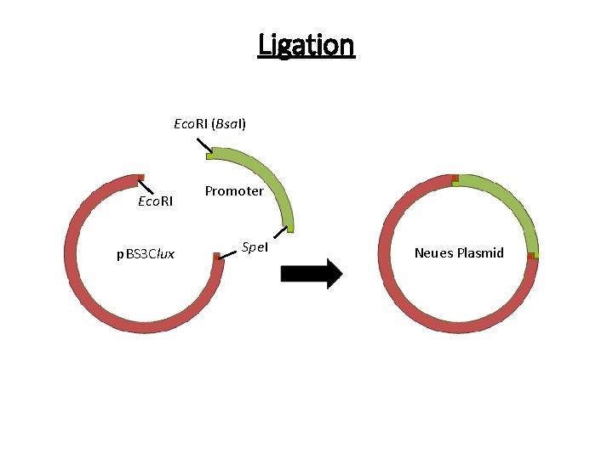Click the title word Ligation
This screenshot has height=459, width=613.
306,44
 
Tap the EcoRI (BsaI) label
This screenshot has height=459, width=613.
209,124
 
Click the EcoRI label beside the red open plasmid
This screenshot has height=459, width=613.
155,201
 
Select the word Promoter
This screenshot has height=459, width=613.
234,191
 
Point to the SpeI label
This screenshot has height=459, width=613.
255,246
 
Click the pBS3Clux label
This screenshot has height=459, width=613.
146,253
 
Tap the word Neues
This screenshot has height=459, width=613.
434,253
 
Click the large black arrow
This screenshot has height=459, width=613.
311,273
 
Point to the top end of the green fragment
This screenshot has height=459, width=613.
210,153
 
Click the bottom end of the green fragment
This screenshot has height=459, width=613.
290,228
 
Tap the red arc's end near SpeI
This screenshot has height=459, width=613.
218,257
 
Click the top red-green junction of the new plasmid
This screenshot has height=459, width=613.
455,179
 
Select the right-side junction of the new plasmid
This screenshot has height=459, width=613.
531,254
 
